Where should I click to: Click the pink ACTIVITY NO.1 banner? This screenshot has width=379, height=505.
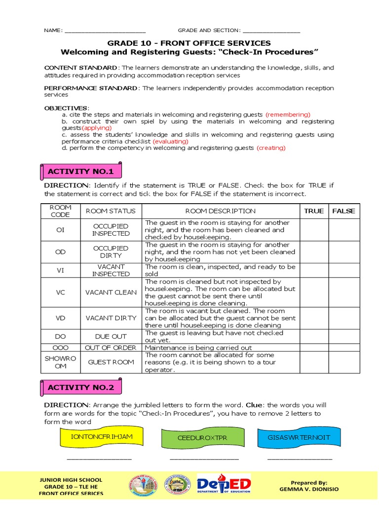tap(80, 172)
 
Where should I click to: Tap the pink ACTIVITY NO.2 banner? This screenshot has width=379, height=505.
tap(80, 388)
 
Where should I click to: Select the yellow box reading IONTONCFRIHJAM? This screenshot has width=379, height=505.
tap(102, 437)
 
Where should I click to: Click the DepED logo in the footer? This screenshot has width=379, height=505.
tap(224, 485)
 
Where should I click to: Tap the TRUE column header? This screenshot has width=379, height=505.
tap(314, 211)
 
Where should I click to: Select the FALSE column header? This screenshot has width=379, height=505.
tap(343, 211)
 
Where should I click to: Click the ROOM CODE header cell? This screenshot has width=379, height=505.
tap(60, 211)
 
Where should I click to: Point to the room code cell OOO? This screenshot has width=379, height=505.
tap(60, 347)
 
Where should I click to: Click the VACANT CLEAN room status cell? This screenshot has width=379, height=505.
tap(111, 292)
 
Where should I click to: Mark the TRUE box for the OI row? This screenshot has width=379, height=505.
tap(314, 230)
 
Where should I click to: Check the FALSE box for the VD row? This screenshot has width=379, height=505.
tap(343, 318)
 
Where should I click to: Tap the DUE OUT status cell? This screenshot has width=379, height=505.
tap(111, 336)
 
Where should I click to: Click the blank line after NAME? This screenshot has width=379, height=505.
tap(105, 31)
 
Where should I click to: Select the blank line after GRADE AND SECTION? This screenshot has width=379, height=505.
tap(271, 31)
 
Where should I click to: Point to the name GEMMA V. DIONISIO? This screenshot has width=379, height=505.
tap(310, 490)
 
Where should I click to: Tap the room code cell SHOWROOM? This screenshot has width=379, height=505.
tap(60, 362)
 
